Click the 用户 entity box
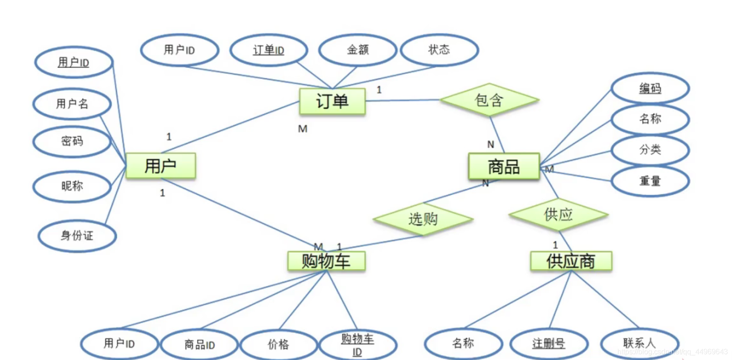[160, 166]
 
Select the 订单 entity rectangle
[332, 101]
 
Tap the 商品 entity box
[504, 166]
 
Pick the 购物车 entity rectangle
[326, 261]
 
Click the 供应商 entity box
[571, 261]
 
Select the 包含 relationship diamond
[489, 100]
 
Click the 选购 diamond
[423, 219]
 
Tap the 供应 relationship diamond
[559, 215]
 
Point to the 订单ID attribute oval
[269, 50]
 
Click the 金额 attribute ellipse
[358, 50]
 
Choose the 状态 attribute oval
[439, 50]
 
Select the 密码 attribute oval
[72, 141]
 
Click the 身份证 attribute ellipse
[77, 235]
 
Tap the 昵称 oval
[72, 186]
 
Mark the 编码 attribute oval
[650, 88]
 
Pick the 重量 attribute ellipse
[650, 181]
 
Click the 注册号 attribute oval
[549, 344]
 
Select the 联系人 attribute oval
[639, 343]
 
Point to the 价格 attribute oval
[278, 345]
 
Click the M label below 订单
[303, 129]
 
